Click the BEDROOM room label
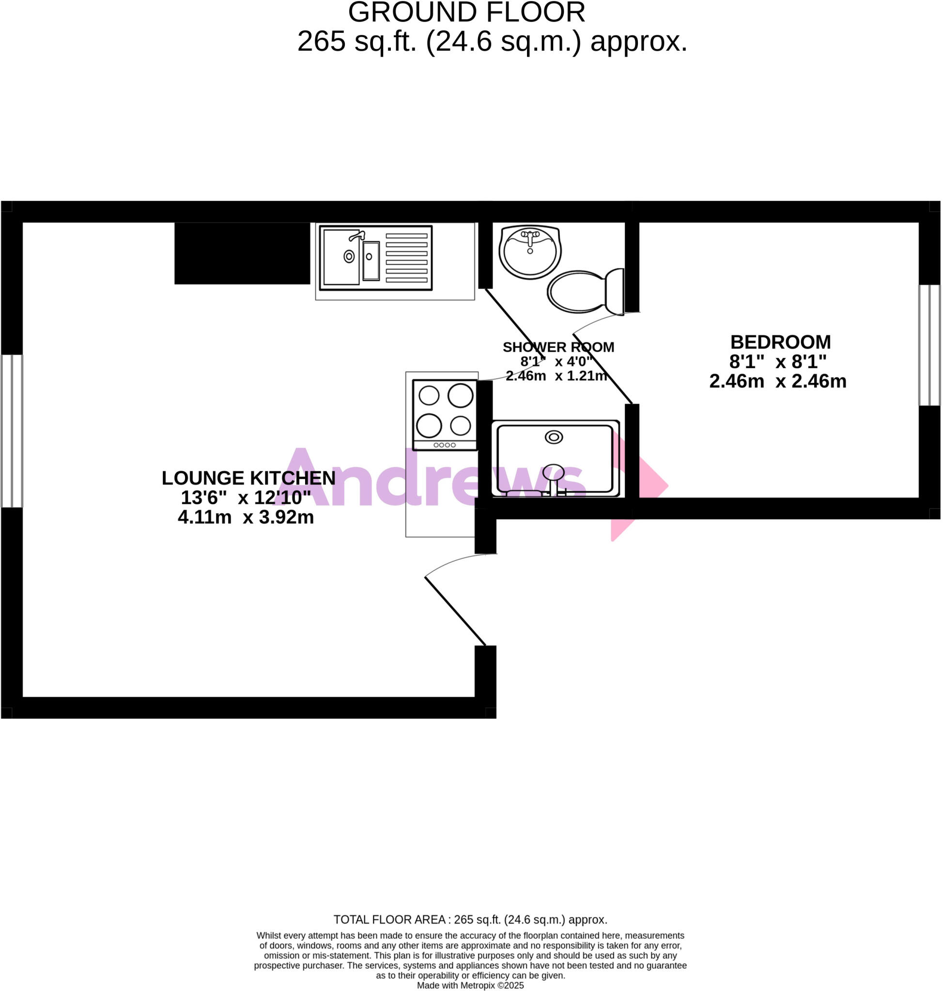tap(780, 342)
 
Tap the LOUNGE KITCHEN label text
tap(248, 478)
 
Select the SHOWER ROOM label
tap(558, 347)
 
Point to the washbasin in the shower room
tap(530, 251)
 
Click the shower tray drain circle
tap(554, 437)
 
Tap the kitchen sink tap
tap(357, 236)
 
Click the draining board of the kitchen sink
tap(406, 257)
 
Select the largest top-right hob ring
tap(460, 395)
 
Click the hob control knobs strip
tap(444, 445)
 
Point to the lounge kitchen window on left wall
tap(12, 431)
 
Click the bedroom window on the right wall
tap(929, 345)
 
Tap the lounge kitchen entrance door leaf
tap(455, 611)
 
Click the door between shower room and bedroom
tap(602, 368)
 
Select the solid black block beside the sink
tap(242, 253)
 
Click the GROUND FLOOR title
tap(466, 12)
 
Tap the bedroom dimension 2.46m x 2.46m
tap(778, 381)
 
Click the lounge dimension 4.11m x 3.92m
tap(246, 517)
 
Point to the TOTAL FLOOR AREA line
tap(470, 920)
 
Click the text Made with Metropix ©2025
tap(470, 986)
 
